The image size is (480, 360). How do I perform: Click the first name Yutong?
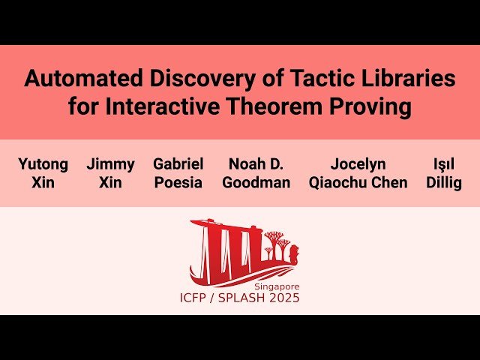43,163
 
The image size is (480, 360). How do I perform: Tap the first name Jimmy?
110,163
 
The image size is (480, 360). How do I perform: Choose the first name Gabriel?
178,163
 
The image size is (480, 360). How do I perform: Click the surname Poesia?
178,183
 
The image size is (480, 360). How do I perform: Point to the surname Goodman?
256,183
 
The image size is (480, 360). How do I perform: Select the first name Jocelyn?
358,163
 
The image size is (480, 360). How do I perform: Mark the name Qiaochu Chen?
358,183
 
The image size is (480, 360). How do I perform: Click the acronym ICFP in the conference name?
196,298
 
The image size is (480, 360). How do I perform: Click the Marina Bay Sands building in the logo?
225,247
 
